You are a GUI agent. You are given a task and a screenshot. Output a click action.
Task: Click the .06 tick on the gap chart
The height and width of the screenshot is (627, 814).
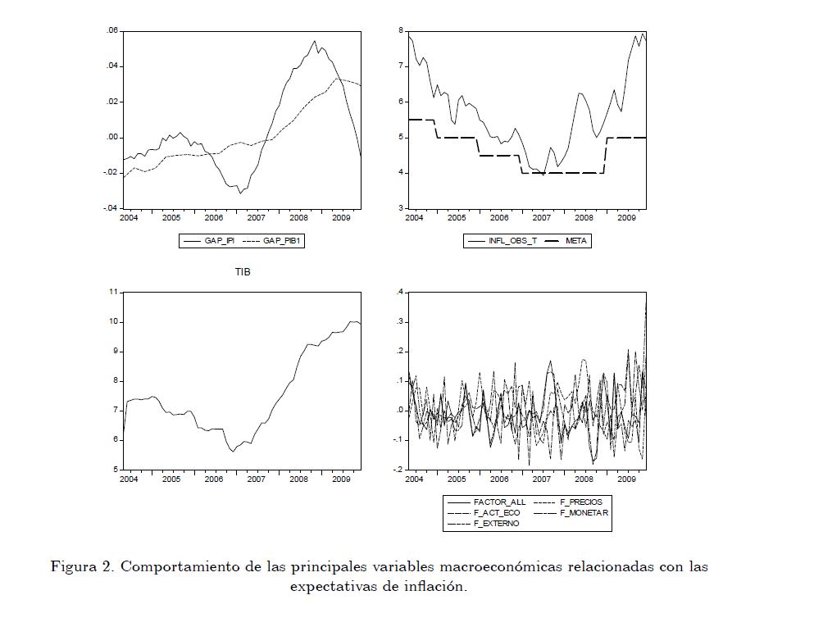click(112, 30)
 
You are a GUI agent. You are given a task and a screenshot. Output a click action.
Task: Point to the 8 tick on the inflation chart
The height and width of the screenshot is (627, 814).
click(401, 30)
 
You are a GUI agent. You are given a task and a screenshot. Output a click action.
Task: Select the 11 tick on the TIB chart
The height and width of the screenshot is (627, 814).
click(113, 292)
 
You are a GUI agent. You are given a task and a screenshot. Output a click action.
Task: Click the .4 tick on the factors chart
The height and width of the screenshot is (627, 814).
click(400, 292)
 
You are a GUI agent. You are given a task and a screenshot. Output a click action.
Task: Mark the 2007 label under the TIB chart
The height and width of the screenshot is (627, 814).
click(256, 479)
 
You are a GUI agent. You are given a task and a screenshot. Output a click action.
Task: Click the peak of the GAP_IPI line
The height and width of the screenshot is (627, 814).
click(315, 41)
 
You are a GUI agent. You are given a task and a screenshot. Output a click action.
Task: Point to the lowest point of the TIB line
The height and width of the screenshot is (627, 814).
click(233, 452)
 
